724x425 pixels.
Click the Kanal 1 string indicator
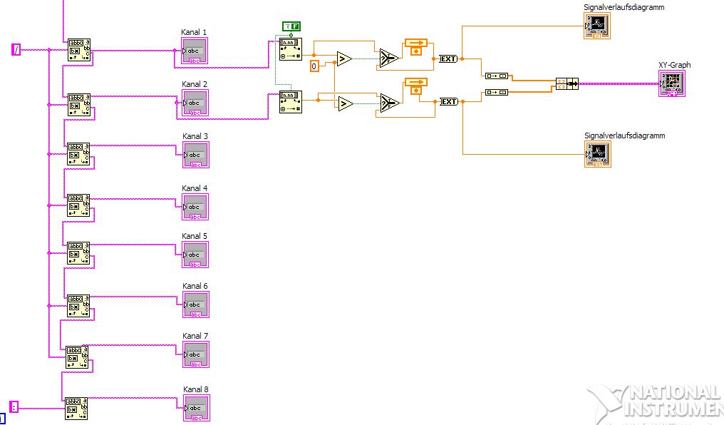195,51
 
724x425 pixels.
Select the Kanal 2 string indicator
195,103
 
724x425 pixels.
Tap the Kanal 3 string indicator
195,155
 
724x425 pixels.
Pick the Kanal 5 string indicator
195,255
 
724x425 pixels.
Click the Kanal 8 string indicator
195,408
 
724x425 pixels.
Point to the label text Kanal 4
195,188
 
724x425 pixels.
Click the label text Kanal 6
195,286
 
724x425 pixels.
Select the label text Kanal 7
195,336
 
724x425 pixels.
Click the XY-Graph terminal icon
672,83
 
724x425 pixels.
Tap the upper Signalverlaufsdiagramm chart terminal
597,26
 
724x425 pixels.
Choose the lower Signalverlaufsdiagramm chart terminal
597,154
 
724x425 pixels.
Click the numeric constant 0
314,66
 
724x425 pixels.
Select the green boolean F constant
291,26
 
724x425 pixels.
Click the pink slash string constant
16,49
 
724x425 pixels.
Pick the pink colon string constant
14,407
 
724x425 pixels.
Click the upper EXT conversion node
448,59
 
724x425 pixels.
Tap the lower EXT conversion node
448,102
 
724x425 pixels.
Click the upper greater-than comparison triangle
343,59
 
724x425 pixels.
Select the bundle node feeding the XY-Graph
567,84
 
